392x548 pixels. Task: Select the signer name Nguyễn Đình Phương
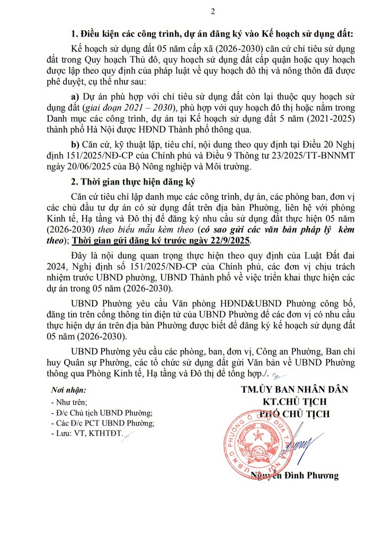tap(296, 475)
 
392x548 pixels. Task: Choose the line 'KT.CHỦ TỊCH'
tap(295, 401)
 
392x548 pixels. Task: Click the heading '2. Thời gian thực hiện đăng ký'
tap(133, 183)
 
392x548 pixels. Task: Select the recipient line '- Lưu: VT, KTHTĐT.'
tap(87, 433)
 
